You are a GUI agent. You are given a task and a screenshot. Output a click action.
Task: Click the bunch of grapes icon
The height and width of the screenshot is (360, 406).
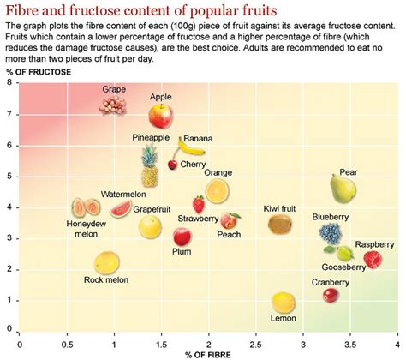tap(115, 105)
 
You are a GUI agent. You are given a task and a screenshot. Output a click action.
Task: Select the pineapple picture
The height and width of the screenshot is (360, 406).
tap(150, 166)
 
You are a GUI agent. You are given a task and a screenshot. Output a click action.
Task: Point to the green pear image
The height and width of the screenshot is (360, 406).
tap(343, 189)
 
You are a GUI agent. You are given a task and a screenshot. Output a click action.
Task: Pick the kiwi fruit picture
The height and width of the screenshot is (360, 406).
tap(280, 225)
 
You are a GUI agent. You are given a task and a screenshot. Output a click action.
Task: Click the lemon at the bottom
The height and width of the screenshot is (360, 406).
tap(284, 302)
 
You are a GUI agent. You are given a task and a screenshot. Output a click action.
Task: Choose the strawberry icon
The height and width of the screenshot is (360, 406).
tap(199, 205)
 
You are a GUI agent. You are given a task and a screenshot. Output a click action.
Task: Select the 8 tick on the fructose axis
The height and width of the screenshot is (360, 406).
tap(9, 84)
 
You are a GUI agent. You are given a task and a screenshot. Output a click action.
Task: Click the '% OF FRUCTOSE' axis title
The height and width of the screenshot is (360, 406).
tap(35, 70)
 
